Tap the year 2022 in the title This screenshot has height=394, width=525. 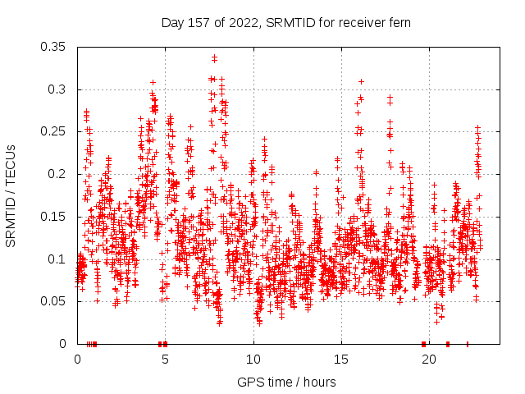pyautogui.click(x=244, y=22)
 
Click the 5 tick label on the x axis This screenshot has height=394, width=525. pyautogui.click(x=166, y=360)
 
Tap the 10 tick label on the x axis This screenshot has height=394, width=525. pyautogui.click(x=253, y=360)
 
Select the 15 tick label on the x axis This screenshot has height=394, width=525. pyautogui.click(x=341, y=360)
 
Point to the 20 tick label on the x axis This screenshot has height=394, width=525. pyautogui.click(x=429, y=360)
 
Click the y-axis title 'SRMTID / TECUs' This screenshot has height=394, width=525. pyautogui.click(x=11, y=195)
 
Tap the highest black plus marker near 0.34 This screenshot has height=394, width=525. pyautogui.click(x=214, y=57)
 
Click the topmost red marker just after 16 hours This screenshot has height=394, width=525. pyautogui.click(x=361, y=81)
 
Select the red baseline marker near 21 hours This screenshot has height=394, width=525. pyautogui.click(x=447, y=344)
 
